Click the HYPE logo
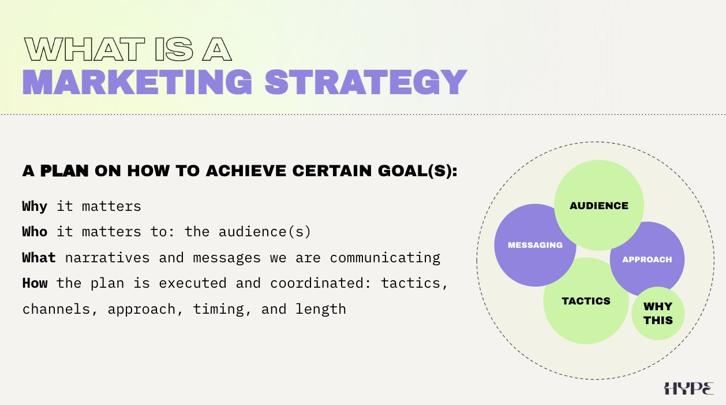[x=688, y=388]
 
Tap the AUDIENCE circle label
[x=599, y=206]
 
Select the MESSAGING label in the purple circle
[x=535, y=245]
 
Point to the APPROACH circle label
[x=647, y=259]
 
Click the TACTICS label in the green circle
[x=586, y=301]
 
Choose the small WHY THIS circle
[x=658, y=314]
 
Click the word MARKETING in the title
[x=137, y=82]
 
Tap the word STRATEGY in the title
[x=366, y=82]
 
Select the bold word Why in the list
[x=35, y=207]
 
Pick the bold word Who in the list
[x=35, y=232]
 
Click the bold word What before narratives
[x=39, y=258]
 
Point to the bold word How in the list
[x=35, y=283]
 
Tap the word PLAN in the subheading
[x=65, y=170]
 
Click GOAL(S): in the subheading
[x=418, y=170]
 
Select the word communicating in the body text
[x=385, y=258]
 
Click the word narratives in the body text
[x=107, y=258]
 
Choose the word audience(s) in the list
[x=264, y=232]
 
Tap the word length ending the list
[x=320, y=309]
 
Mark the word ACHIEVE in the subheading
[x=246, y=170]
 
